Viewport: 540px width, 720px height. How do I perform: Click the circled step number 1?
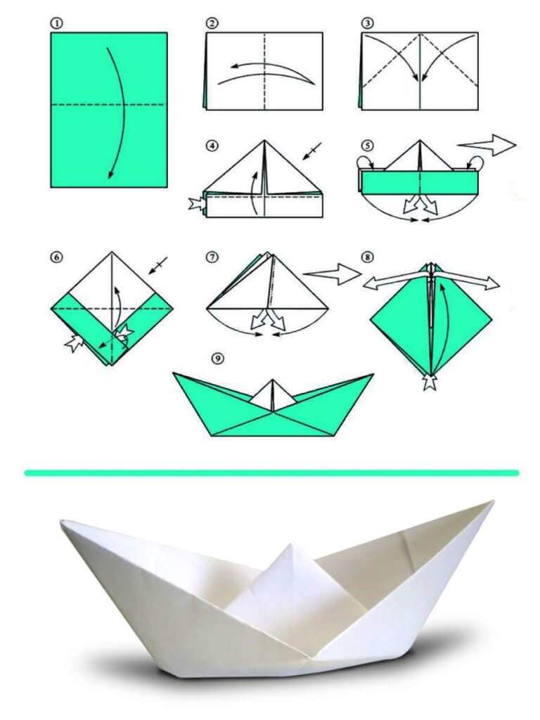point(56,23)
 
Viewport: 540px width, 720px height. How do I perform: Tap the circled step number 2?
point(212,23)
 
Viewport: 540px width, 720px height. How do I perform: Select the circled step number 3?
point(367,23)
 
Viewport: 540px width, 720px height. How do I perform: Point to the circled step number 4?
point(212,146)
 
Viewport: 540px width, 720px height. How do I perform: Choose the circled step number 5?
point(367,146)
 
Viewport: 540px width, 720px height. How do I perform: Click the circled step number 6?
point(56,257)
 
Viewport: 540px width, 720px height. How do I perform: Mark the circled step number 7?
point(212,257)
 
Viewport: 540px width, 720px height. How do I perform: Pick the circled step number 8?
point(367,257)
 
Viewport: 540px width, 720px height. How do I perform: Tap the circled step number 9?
point(218,358)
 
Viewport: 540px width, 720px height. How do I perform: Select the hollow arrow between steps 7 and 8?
point(333,274)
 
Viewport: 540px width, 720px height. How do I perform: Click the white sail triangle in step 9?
point(273,396)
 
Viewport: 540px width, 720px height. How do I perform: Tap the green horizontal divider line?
point(272,472)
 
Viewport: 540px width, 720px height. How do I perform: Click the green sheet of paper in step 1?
point(109,110)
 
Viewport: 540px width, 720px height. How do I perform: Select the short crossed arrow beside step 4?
point(311,151)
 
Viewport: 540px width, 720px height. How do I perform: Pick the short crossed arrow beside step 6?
point(157,266)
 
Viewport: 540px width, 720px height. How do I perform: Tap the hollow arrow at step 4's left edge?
point(197,204)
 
